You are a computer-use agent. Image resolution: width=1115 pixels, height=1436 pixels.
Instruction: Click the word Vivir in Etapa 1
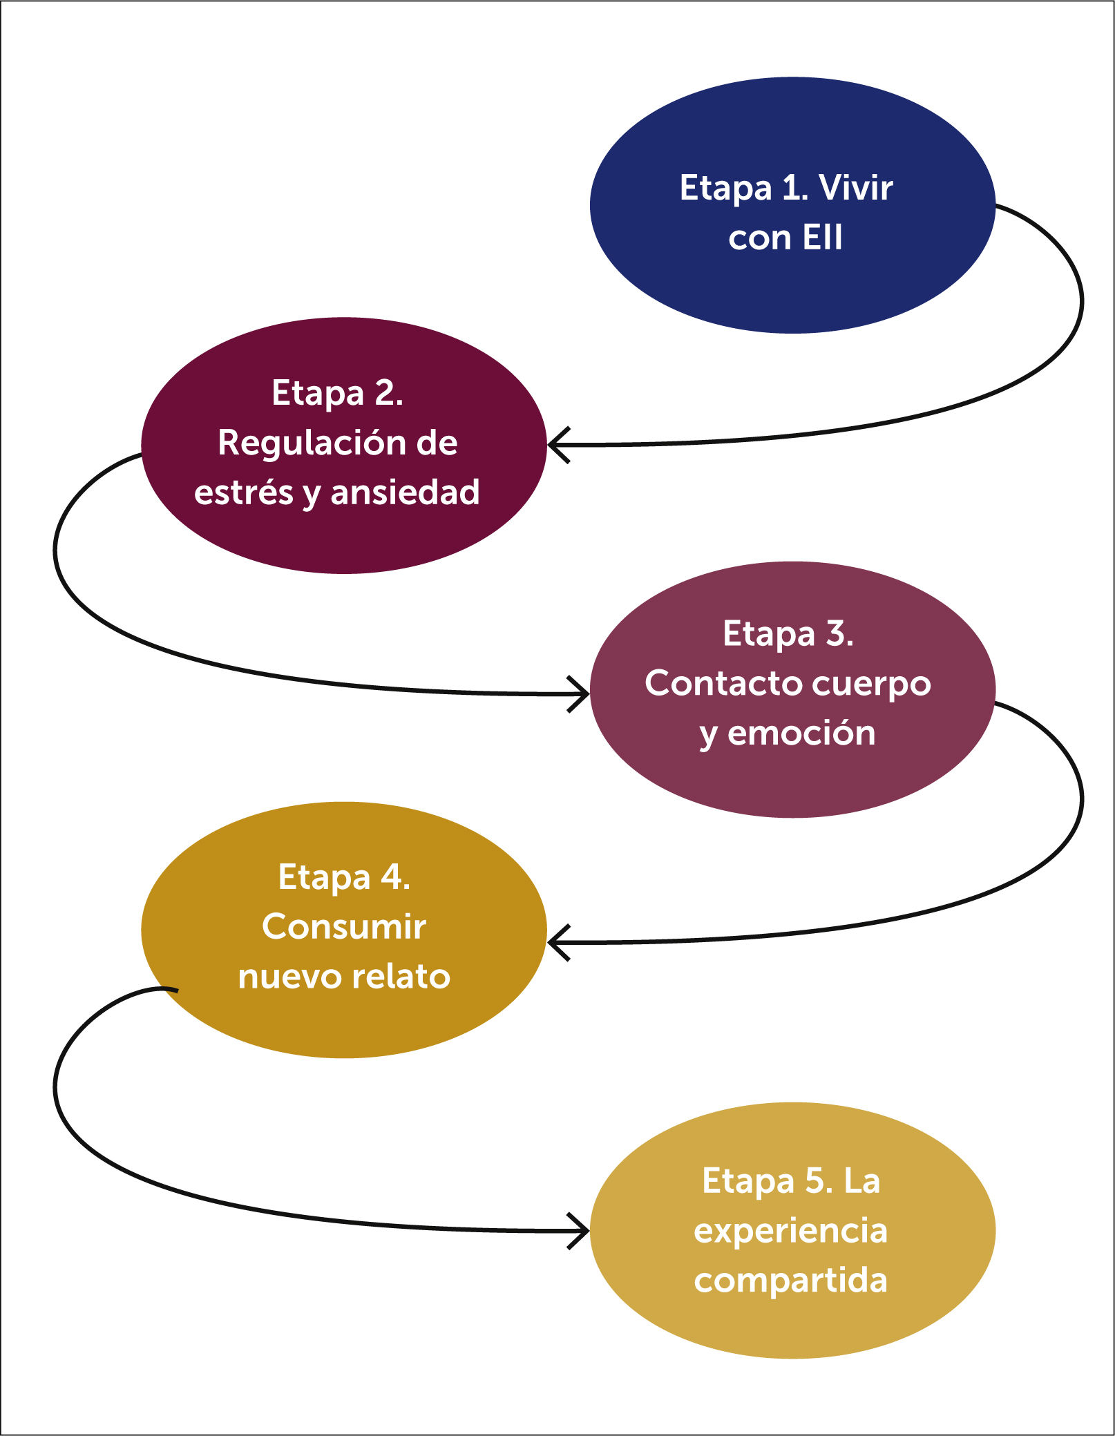[x=855, y=188]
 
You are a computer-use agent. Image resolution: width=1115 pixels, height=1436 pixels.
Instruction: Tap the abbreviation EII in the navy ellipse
[x=823, y=238]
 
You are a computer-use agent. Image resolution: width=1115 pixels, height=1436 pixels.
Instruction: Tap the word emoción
[x=801, y=733]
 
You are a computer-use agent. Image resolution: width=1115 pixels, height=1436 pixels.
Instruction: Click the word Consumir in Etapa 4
[x=343, y=927]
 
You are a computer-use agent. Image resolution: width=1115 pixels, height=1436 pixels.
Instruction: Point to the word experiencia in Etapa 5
[x=790, y=1231]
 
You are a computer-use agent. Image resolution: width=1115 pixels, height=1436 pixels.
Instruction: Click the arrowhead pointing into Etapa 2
[x=558, y=445]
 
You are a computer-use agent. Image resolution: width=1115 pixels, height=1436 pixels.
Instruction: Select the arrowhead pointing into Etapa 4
[x=558, y=943]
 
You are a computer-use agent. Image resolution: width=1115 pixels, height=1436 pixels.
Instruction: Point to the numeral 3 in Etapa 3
[x=837, y=633]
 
